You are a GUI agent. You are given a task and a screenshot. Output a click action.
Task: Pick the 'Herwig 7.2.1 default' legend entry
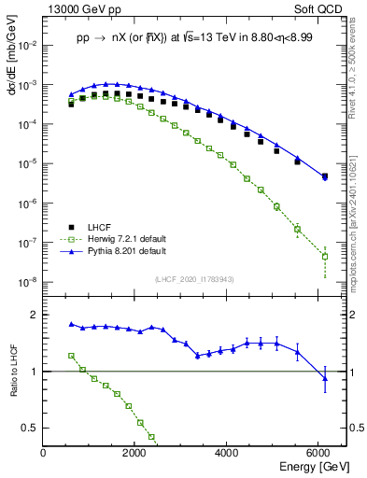tap(123, 239)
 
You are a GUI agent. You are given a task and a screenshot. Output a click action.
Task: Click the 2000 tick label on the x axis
tap(135, 454)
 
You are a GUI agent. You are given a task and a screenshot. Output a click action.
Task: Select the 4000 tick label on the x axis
tap(228, 454)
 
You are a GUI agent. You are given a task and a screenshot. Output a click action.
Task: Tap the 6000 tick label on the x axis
tap(319, 454)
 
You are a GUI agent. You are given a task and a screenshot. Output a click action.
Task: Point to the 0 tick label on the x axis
tap(44, 454)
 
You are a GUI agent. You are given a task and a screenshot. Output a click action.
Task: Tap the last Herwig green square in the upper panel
tap(324, 256)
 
